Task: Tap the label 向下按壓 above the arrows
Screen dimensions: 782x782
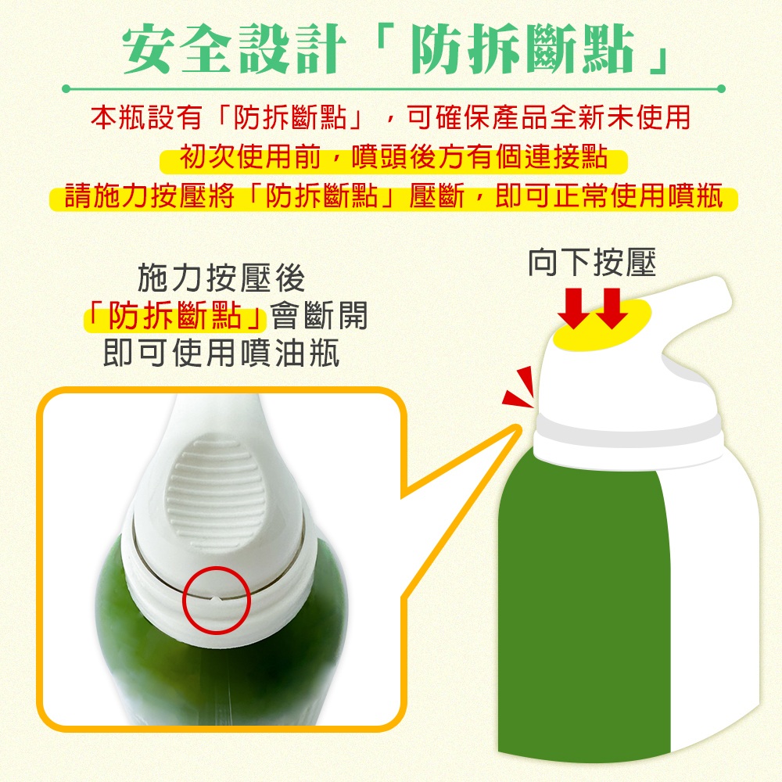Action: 592,262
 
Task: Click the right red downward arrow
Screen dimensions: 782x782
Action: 612,308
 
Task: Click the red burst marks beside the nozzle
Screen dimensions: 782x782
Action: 520,386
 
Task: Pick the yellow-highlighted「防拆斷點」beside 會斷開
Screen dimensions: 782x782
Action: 175,316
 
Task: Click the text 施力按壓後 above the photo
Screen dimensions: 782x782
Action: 221,278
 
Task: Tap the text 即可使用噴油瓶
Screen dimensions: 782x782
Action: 221,353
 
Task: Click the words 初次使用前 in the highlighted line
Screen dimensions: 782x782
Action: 249,157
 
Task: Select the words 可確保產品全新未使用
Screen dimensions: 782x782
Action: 549,118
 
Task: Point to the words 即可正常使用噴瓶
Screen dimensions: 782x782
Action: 609,195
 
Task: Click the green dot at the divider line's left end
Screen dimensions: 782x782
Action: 66,89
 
